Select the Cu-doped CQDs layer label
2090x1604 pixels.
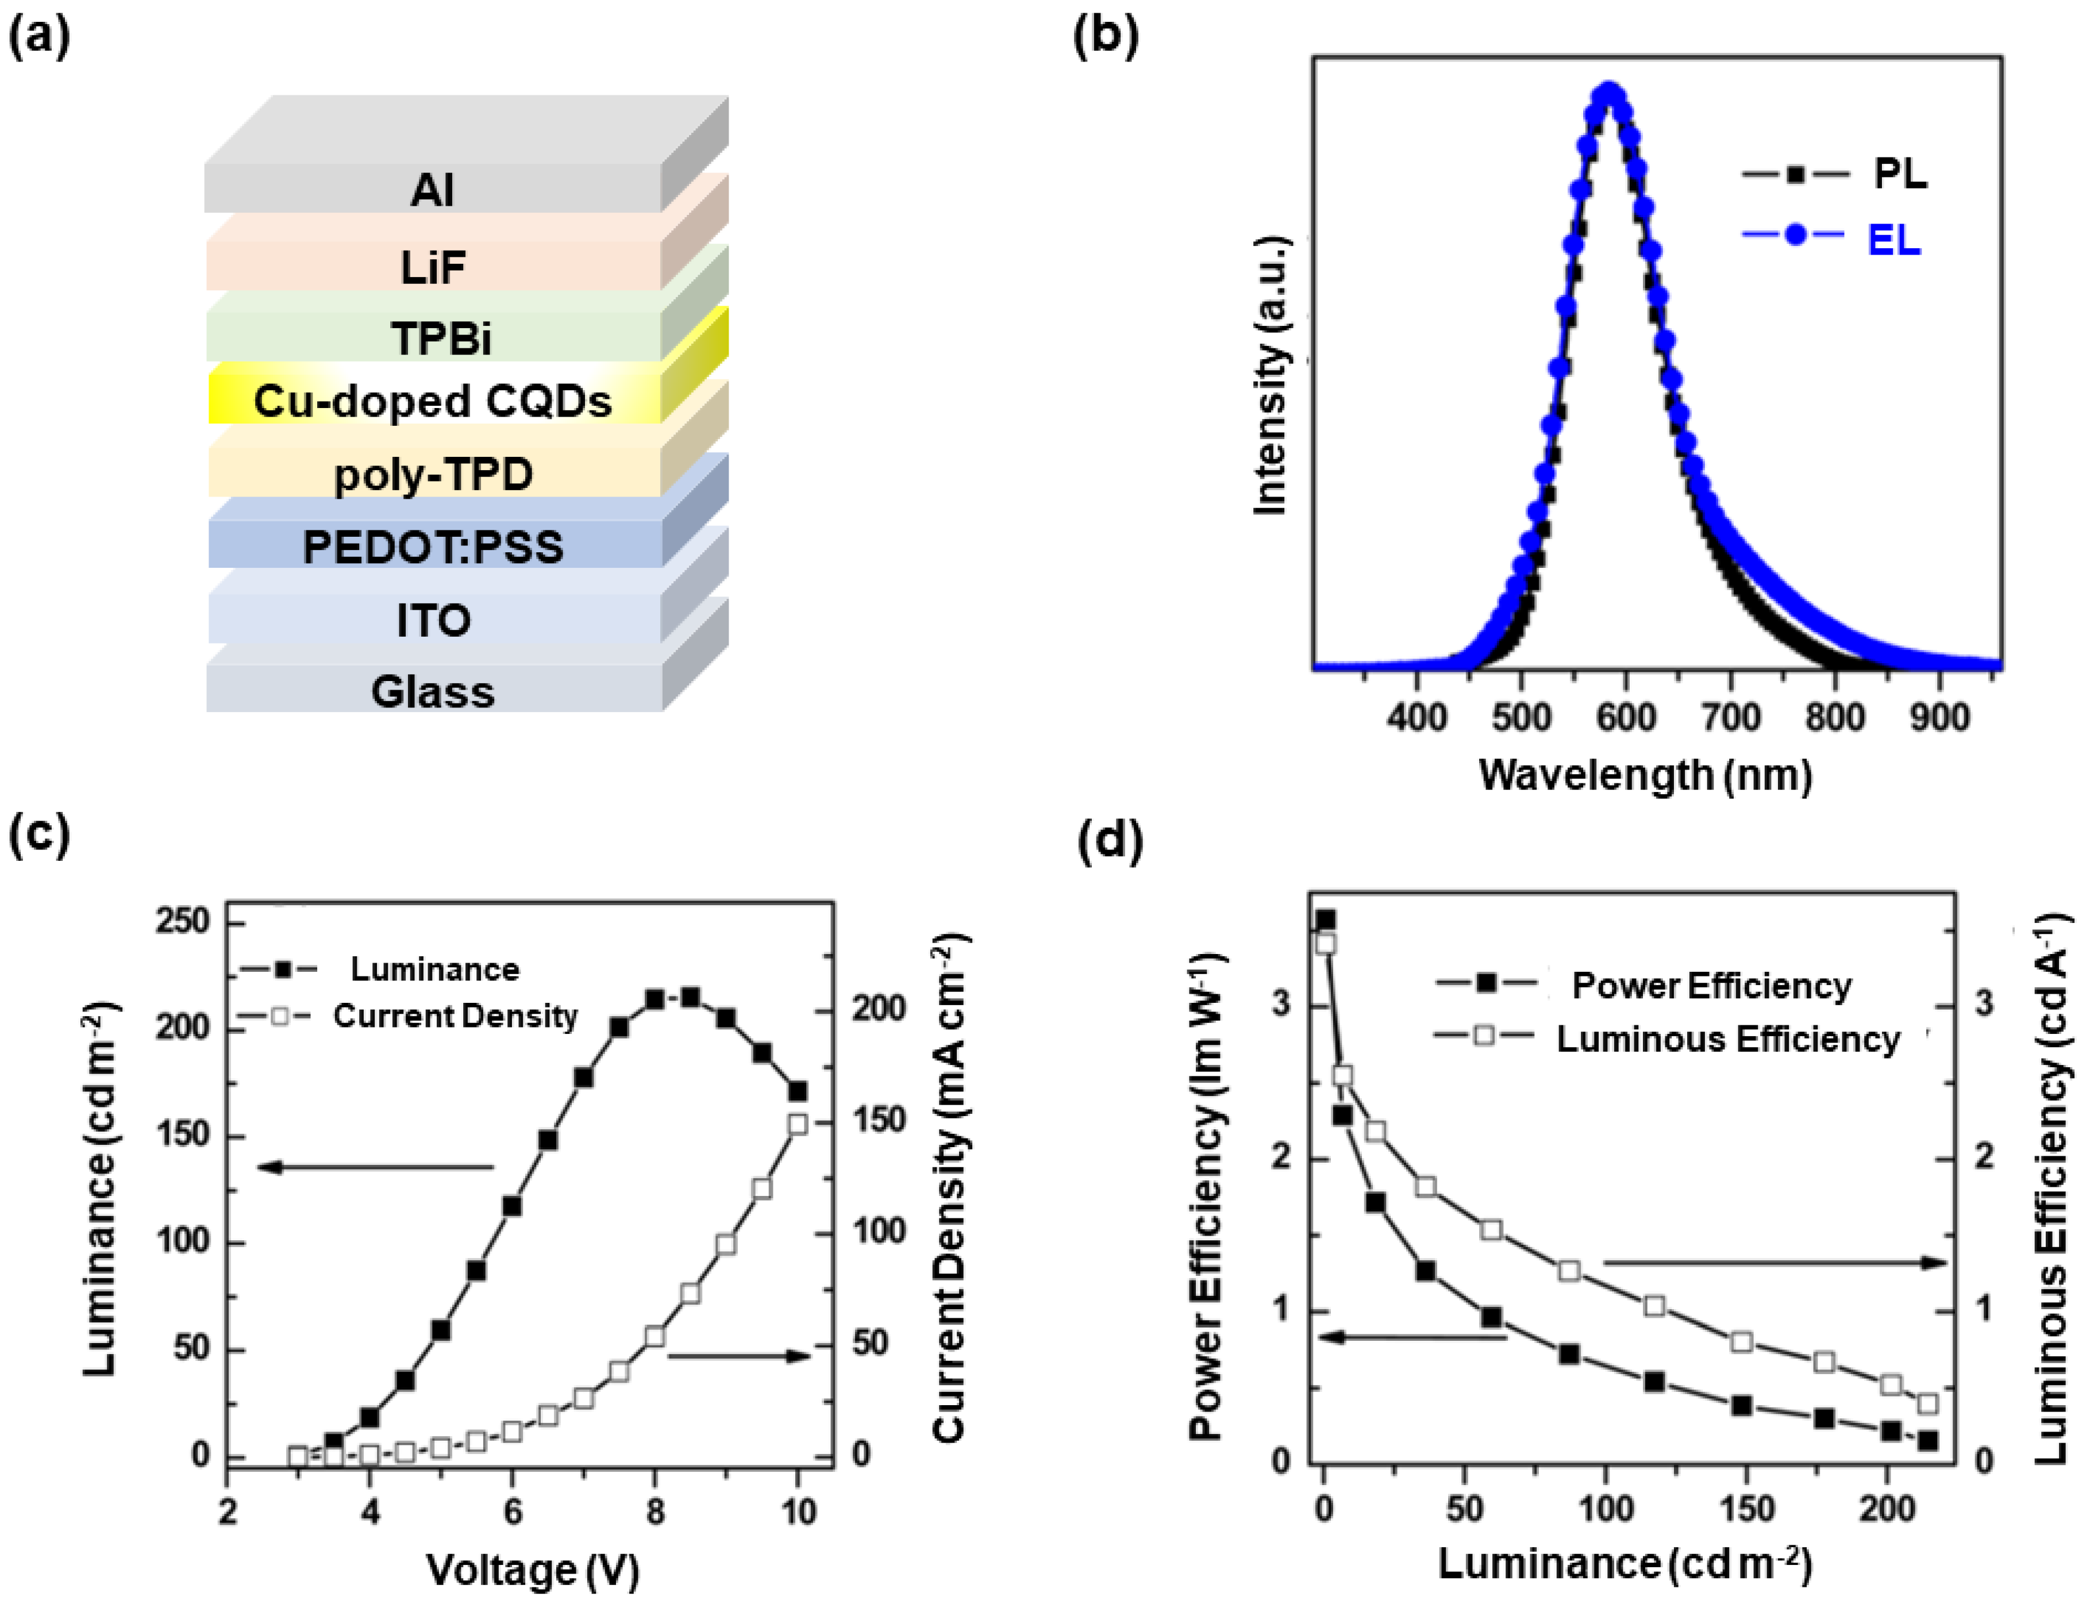coord(433,401)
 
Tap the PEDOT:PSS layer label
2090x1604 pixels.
coord(433,547)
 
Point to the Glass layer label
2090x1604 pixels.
coord(433,692)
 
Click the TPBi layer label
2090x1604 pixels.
coord(441,338)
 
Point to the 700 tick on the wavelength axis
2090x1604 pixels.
coord(1731,716)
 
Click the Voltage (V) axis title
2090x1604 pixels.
coord(532,1569)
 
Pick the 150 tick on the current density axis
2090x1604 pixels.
coord(879,1119)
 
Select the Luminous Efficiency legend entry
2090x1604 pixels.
coord(1728,1039)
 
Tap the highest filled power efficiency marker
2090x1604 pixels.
coord(1325,920)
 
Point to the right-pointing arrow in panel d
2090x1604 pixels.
coord(1774,1262)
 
